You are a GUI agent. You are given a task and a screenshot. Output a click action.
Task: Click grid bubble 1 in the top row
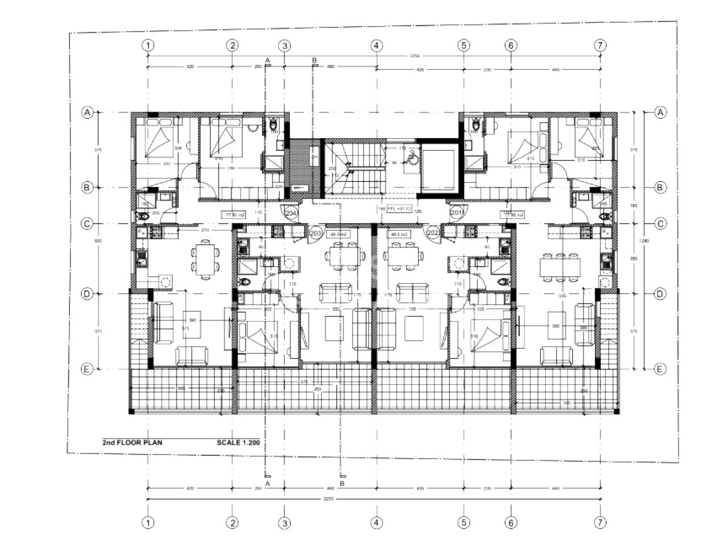pos(148,45)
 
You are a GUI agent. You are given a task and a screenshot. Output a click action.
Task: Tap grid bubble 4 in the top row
pos(377,45)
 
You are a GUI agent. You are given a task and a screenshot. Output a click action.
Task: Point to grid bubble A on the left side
pos(87,113)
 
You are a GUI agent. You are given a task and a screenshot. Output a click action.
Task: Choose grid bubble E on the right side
pos(660,369)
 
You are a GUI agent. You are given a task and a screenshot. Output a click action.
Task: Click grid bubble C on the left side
pos(87,224)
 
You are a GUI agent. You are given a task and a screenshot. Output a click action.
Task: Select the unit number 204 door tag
pos(291,213)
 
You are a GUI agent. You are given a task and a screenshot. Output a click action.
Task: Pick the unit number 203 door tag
pos(316,233)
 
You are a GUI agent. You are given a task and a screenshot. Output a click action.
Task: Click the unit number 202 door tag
pos(432,233)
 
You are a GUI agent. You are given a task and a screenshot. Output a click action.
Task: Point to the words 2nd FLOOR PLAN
pos(132,442)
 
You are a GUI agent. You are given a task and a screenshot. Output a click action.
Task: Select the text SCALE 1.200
pos(238,442)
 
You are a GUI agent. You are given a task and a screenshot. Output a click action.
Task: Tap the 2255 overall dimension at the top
pos(375,56)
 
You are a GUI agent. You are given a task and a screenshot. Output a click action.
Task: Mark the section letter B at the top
pos(315,60)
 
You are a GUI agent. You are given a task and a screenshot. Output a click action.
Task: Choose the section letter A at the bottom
pos(267,483)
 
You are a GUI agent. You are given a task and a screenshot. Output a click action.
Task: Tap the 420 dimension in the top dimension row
pos(189,66)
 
